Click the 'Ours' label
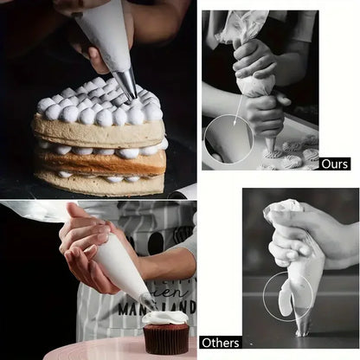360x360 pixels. [334, 163]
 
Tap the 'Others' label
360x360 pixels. [220, 342]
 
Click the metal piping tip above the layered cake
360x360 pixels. [126, 83]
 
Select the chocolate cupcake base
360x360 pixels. [164, 339]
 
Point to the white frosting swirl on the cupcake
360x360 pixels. [164, 317]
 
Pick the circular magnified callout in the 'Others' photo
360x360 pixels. [288, 296]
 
